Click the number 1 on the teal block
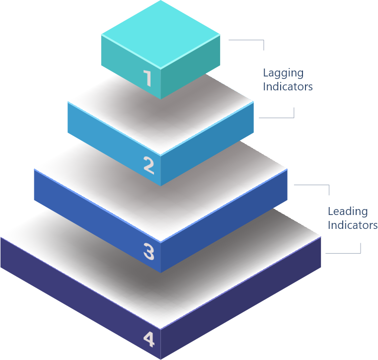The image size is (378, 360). (147, 78)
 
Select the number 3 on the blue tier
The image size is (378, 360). (149, 251)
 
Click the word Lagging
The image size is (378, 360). (283, 73)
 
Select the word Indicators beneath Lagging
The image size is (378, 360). (288, 86)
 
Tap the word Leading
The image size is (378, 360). (348, 212)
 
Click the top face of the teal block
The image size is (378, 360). (160, 34)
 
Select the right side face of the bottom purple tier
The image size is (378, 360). (243, 303)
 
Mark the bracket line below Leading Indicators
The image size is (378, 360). (344, 253)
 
